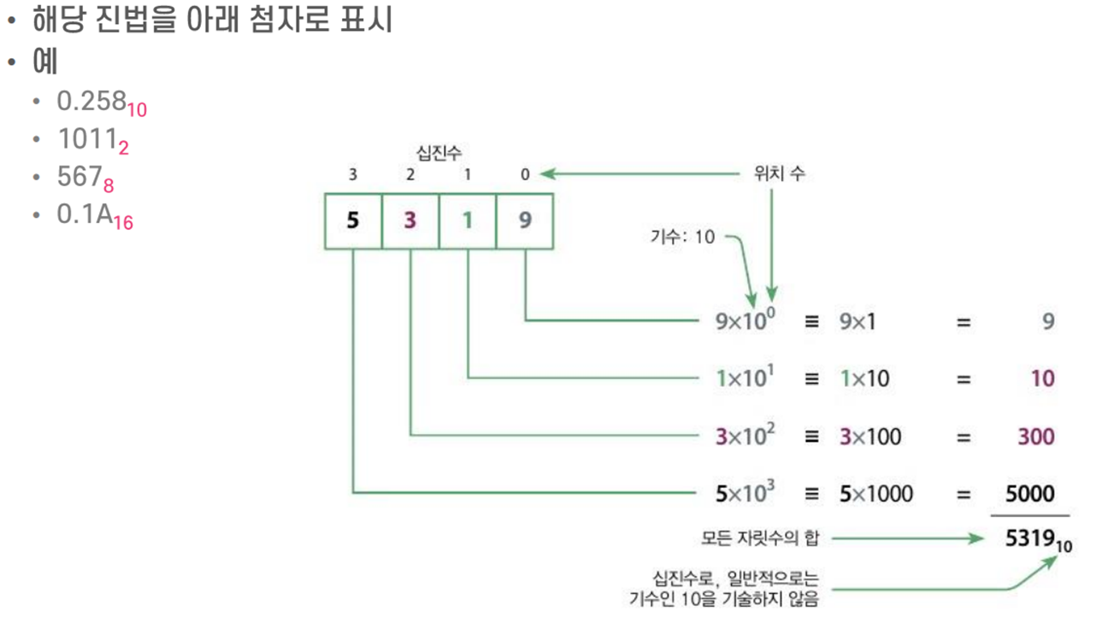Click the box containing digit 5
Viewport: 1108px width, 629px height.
pos(353,220)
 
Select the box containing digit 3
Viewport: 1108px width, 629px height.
pos(410,220)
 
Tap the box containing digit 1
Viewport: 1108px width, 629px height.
pos(468,220)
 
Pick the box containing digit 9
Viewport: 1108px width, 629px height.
pos(525,220)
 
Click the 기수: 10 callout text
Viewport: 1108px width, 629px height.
pos(681,237)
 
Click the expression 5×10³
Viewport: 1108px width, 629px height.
pos(745,492)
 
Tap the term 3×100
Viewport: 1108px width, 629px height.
pos(870,437)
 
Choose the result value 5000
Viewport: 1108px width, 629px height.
pos(1030,493)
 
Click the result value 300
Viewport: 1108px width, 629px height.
pos(1036,437)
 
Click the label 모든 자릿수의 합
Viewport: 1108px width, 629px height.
pos(759,538)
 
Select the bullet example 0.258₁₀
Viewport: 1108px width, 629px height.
pos(102,103)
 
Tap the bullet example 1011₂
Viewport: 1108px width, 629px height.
pos(93,140)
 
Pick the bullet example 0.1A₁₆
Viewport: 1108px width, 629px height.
pos(95,215)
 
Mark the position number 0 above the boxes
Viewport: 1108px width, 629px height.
pos(525,174)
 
